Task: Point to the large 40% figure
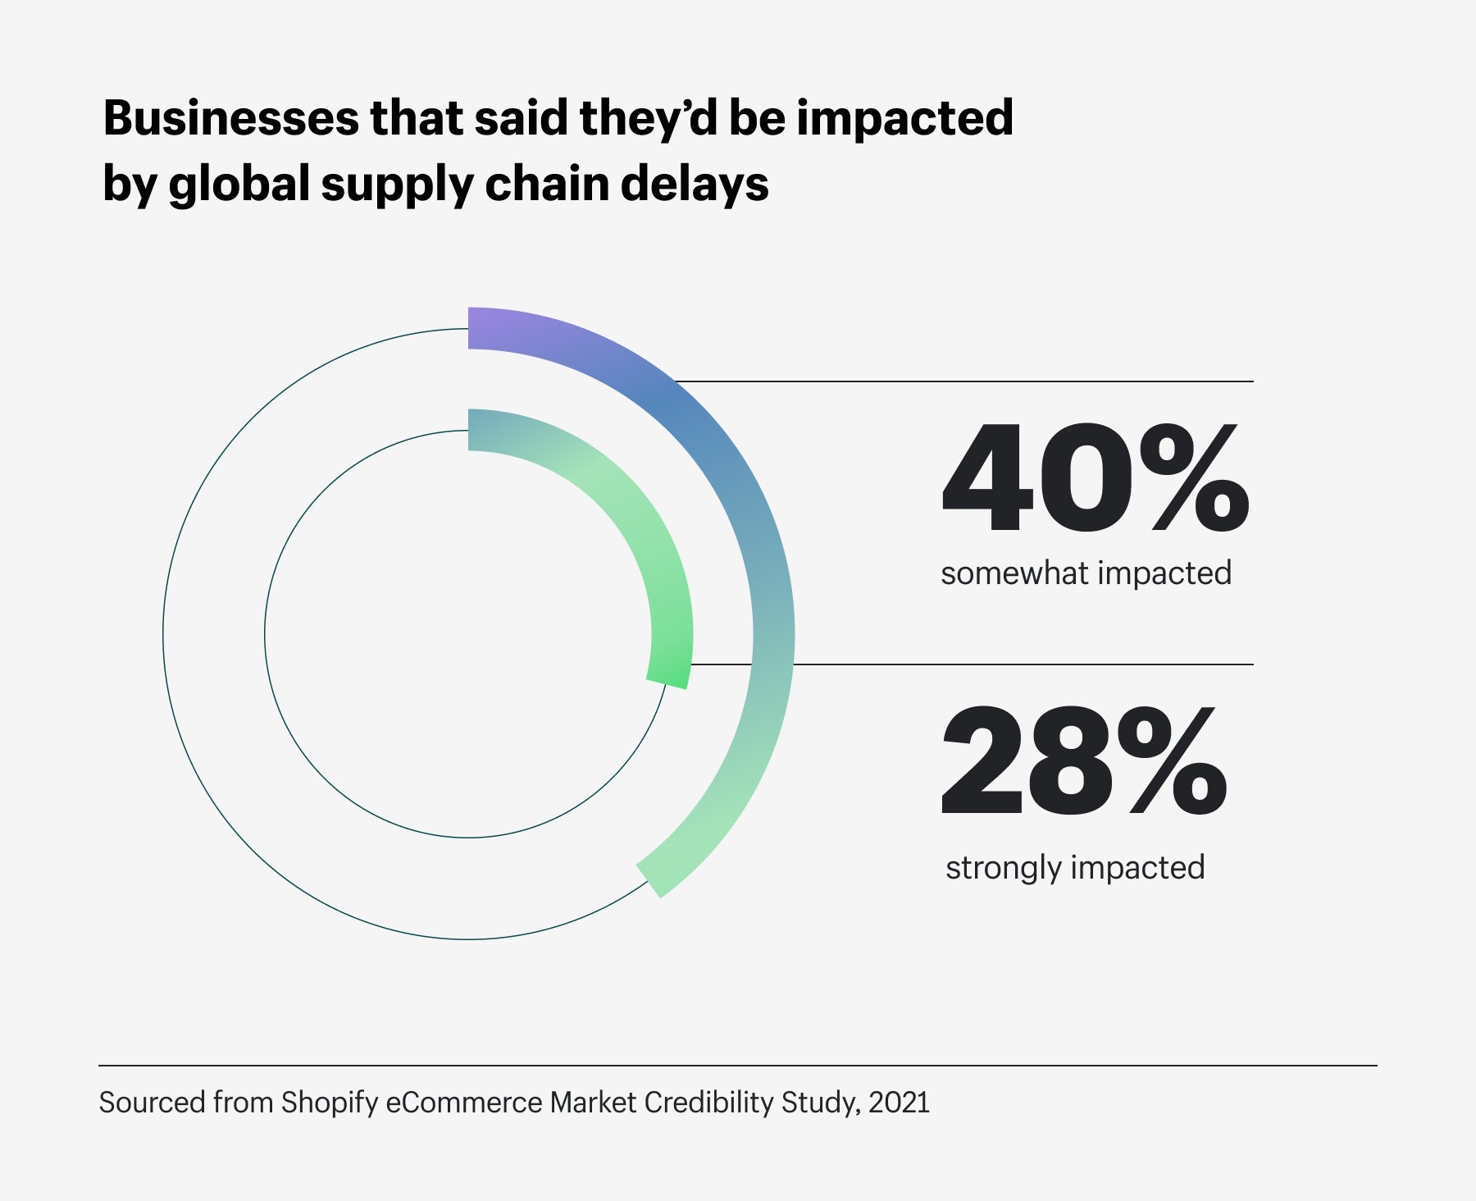tap(1095, 479)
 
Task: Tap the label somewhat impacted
tap(1086, 573)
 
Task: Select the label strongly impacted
tap(1075, 867)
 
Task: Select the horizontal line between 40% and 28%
tap(1025, 664)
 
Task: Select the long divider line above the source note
tap(738, 1066)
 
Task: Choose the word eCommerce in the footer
tap(464, 1103)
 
